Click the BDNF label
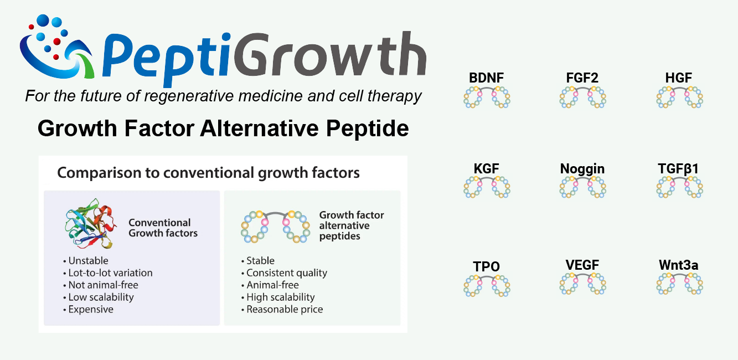pyautogui.click(x=486, y=78)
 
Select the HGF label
pyautogui.click(x=678, y=78)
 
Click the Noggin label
pyautogui.click(x=582, y=169)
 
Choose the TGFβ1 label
pyautogui.click(x=678, y=169)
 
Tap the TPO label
pyautogui.click(x=486, y=266)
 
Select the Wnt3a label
pyautogui.click(x=678, y=265)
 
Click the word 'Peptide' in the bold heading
pyautogui.click(x=368, y=128)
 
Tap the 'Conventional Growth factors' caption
pyautogui.click(x=163, y=228)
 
